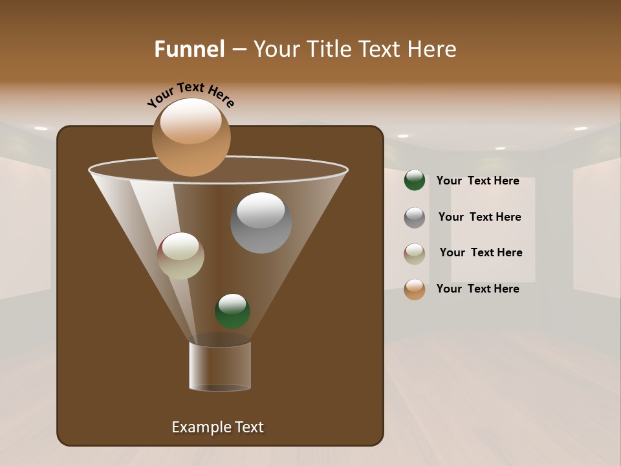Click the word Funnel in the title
[189, 49]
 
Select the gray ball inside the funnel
[261, 223]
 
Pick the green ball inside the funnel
[232, 311]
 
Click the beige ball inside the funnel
[180, 256]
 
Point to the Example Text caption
[217, 427]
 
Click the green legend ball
[415, 181]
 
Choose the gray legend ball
[415, 217]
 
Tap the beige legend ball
[415, 253]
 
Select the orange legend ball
[415, 289]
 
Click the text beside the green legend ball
[477, 181]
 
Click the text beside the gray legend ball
[479, 217]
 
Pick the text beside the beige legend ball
[481, 252]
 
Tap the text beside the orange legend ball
[477, 289]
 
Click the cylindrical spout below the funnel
[220, 366]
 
